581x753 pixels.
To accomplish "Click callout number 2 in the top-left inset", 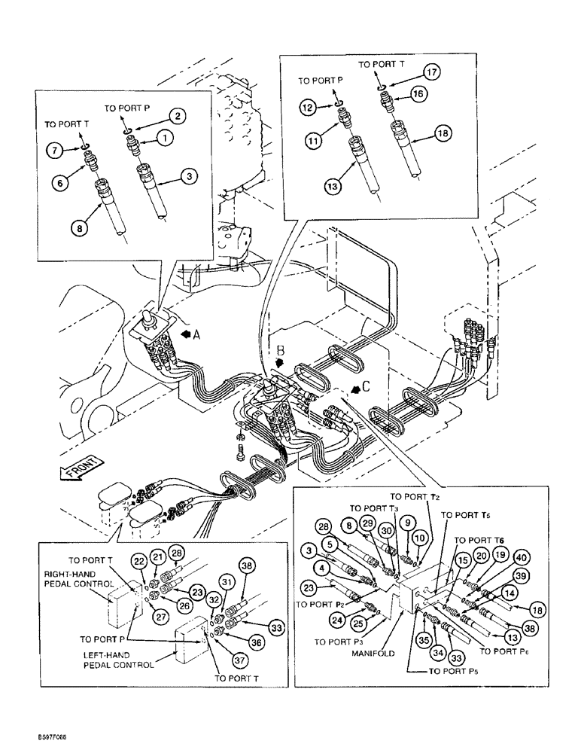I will (x=177, y=116).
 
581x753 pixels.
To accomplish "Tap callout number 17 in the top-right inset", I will (x=430, y=73).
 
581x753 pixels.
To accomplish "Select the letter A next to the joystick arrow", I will (x=196, y=336).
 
